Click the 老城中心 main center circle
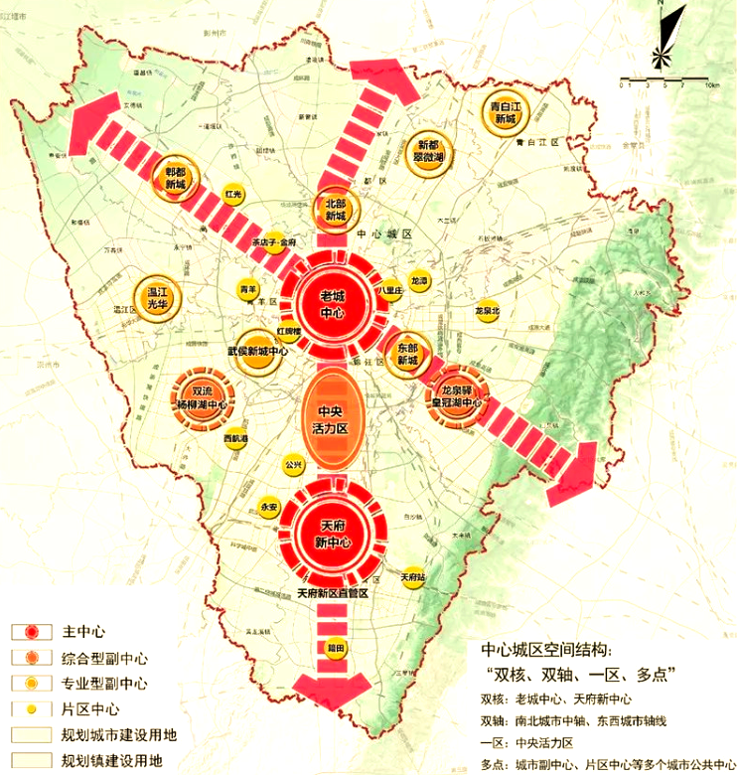tap(332, 306)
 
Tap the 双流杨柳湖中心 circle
tap(202, 397)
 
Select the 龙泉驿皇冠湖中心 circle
tap(454, 397)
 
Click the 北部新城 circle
tap(335, 210)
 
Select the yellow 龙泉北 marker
tap(486, 310)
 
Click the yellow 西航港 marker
tap(235, 438)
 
